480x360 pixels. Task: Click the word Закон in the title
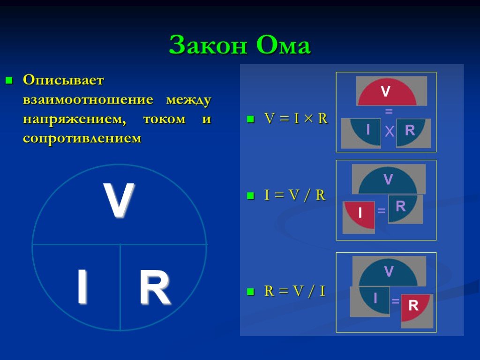tap(208, 45)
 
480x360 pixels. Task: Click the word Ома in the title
tap(284, 45)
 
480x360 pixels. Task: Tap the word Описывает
tap(63, 80)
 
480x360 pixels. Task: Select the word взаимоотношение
tap(88, 99)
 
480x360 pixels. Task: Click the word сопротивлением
tap(82, 138)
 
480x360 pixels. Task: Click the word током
tap(164, 119)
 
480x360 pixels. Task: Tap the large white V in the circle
tap(119, 200)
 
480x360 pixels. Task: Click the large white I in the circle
tap(82, 286)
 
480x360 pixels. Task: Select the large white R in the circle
tap(154, 287)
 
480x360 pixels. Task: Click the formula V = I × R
tap(296, 118)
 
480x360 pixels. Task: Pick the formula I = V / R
tap(294, 195)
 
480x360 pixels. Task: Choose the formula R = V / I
tap(294, 291)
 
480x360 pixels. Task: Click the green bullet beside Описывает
tap(9, 81)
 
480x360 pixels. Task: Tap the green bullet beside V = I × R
tap(251, 119)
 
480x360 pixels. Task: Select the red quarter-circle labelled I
tap(360, 215)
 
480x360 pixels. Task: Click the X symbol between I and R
tap(389, 132)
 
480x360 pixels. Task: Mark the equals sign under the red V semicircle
tap(389, 112)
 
